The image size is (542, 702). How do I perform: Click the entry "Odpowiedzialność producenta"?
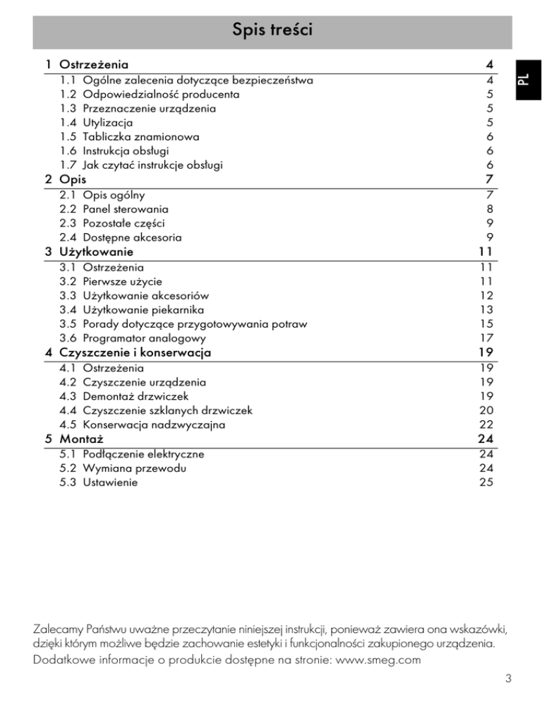161,94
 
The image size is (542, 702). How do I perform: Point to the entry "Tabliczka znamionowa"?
141,137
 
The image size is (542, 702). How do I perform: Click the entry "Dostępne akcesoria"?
132,237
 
